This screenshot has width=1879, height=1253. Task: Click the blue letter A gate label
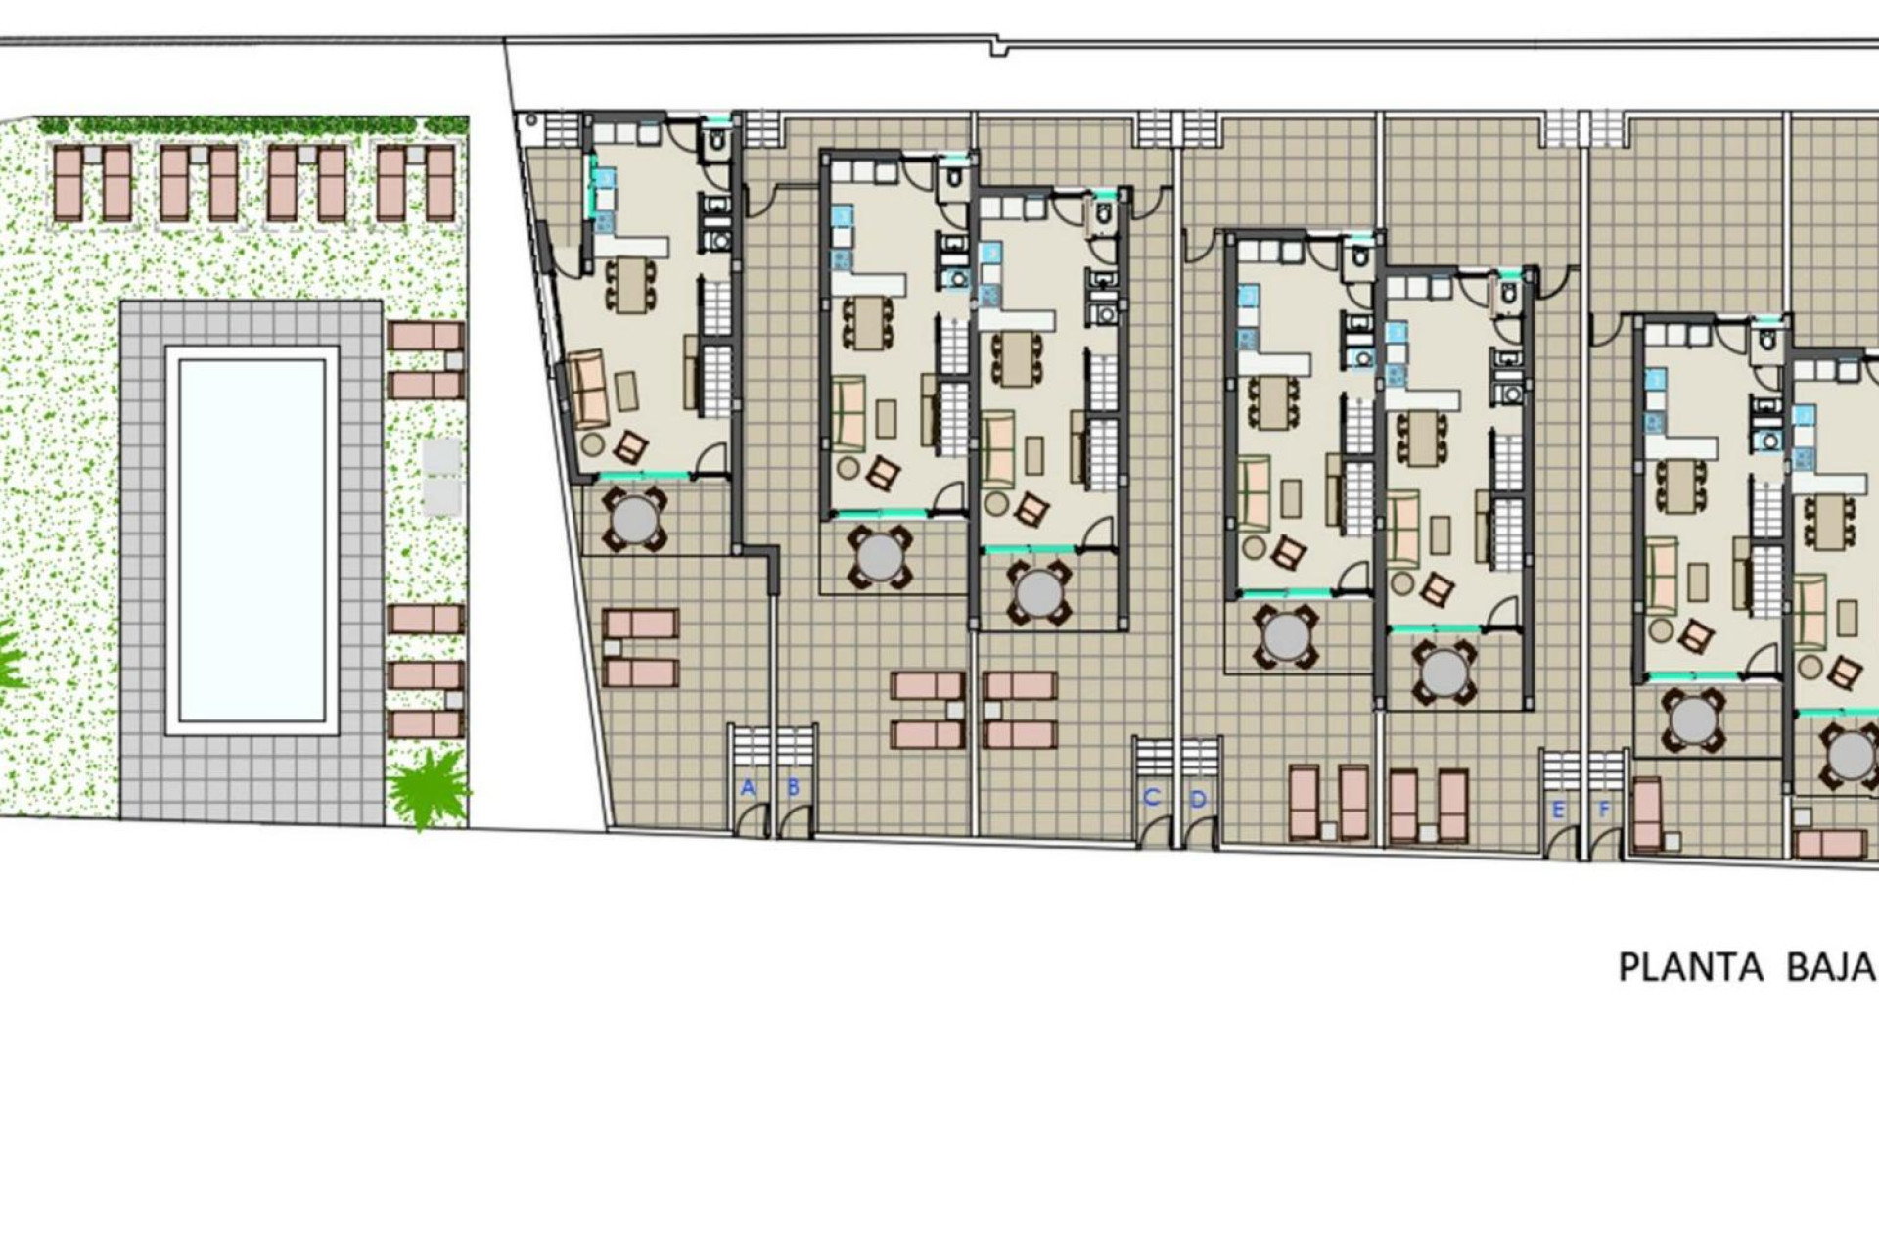[748, 787]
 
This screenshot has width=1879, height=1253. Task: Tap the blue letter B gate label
[793, 787]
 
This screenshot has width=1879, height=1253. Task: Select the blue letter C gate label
[1151, 798]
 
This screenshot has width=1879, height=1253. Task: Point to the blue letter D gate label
[1198, 800]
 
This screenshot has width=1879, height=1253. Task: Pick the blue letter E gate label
[1558, 811]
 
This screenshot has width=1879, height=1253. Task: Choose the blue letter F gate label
[1603, 811]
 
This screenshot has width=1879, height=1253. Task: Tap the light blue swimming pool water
[252, 540]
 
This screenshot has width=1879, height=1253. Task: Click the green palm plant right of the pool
[428, 785]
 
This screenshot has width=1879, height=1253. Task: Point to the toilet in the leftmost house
[715, 144]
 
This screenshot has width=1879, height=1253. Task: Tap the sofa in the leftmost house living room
[587, 390]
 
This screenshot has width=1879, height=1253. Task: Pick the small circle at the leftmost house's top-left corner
[530, 121]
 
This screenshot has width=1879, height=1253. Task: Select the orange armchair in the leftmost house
[630, 448]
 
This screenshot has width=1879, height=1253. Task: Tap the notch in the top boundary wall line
[998, 47]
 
